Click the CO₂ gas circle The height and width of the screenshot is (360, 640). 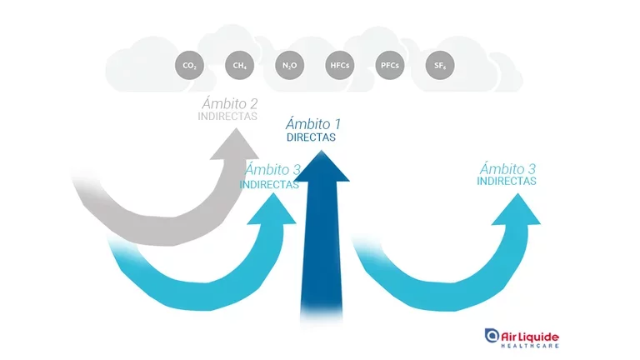188,64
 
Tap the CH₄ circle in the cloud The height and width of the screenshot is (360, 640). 238,64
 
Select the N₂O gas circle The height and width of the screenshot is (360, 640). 288,64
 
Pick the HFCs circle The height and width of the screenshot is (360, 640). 339,64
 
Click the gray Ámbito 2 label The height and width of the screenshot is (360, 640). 229,103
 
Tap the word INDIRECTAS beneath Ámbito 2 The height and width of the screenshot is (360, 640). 227,117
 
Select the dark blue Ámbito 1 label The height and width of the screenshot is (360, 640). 312,124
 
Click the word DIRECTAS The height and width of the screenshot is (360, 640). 311,137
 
